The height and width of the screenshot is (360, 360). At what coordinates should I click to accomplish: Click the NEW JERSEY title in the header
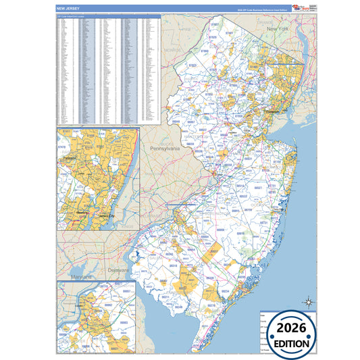click(68, 9)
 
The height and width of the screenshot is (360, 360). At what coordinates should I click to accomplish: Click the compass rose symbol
click(309, 302)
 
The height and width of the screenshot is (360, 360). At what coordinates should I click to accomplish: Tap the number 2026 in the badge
click(292, 328)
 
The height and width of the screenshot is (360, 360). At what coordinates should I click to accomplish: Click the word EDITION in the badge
click(292, 343)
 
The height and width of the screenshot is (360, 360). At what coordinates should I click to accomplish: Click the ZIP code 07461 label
click(230, 32)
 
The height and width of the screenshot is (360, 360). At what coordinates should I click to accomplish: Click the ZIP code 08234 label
click(225, 291)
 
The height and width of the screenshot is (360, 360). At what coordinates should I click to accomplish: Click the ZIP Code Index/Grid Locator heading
click(74, 16)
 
